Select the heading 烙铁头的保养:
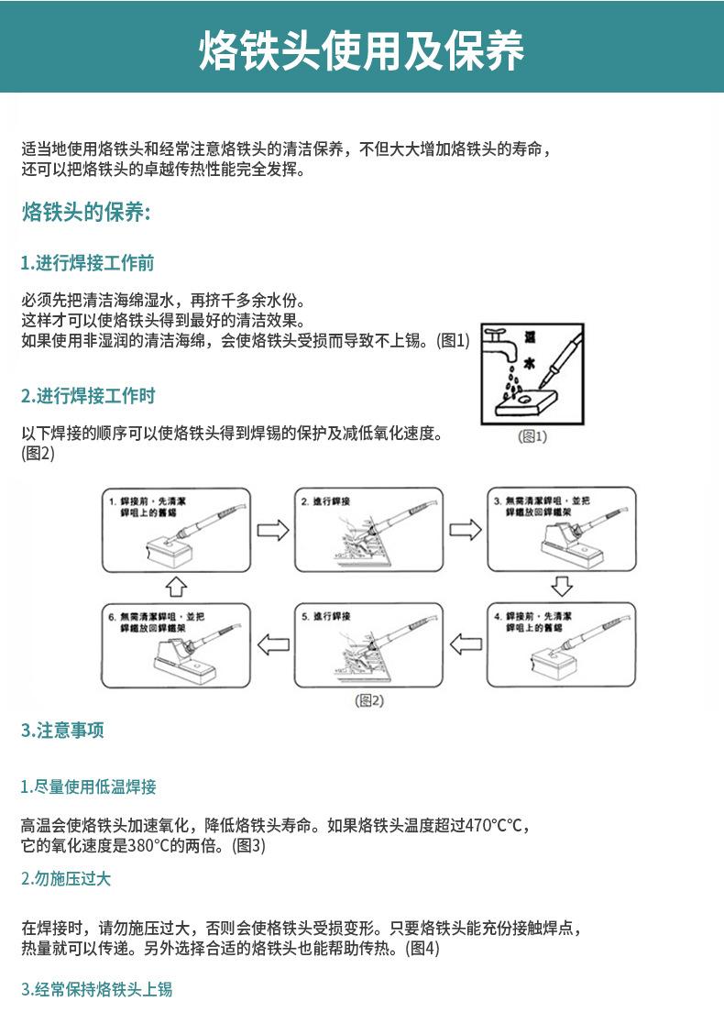click(x=85, y=214)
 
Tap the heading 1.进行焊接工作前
click(x=87, y=264)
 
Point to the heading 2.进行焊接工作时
click(x=88, y=396)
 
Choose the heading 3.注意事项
click(x=62, y=731)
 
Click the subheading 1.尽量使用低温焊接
click(x=88, y=786)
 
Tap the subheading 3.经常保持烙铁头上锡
click(x=96, y=989)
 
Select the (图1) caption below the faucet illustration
click(x=532, y=437)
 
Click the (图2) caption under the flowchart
click(x=369, y=701)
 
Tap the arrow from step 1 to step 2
click(x=272, y=530)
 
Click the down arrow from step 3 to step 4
click(x=562, y=586)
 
